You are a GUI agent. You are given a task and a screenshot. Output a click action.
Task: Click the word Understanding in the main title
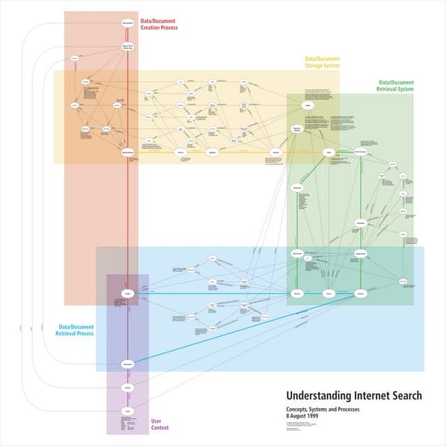click(314, 396)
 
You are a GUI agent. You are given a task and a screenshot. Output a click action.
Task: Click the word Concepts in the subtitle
click(298, 409)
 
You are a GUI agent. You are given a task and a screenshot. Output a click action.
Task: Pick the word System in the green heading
click(403, 89)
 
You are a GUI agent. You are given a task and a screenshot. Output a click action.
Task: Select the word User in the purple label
click(156, 421)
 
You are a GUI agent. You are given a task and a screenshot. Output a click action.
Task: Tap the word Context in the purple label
click(159, 427)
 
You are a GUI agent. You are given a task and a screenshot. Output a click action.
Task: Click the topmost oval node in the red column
click(128, 24)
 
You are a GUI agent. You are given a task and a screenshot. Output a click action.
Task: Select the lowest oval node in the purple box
click(128, 410)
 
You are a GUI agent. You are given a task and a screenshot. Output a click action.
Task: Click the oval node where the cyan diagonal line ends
click(128, 363)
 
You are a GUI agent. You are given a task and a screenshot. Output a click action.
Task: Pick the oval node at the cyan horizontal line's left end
click(128, 293)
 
